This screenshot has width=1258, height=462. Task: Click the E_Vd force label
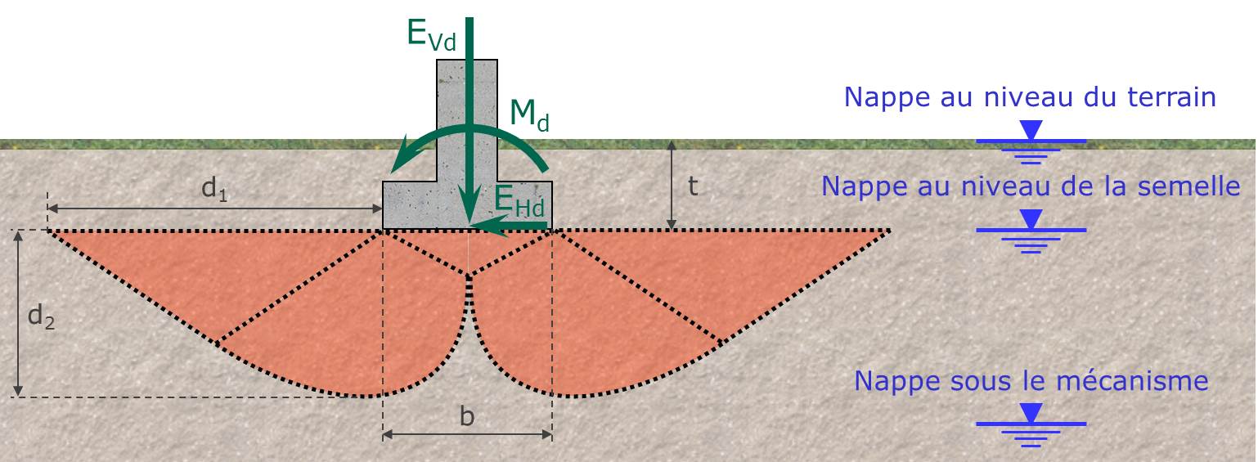(x=431, y=34)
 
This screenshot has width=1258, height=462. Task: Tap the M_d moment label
(x=529, y=115)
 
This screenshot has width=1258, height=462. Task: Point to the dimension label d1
(x=214, y=191)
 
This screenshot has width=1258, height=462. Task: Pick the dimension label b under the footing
(x=467, y=417)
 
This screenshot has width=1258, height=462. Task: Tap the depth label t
(x=693, y=187)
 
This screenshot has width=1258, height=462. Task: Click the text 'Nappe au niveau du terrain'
(x=1030, y=97)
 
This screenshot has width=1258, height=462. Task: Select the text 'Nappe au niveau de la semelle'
(x=1031, y=186)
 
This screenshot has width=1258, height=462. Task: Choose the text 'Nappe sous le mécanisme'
(x=1031, y=381)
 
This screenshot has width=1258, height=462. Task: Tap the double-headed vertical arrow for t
(x=672, y=186)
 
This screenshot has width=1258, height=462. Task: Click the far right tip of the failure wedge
(x=889, y=231)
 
